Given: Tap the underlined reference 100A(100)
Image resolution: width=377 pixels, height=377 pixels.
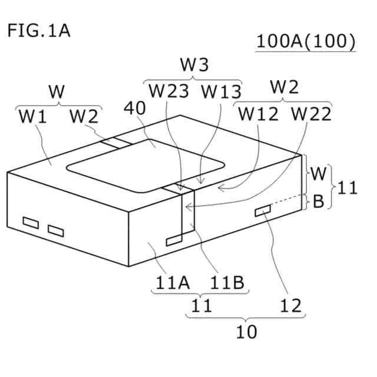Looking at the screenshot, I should (306, 42).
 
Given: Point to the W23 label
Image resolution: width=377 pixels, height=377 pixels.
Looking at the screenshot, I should (169, 91).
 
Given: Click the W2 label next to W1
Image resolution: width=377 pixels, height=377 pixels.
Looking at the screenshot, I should (84, 117).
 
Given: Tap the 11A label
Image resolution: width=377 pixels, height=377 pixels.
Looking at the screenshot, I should (171, 283).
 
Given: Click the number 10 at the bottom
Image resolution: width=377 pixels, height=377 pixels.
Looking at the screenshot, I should (247, 332).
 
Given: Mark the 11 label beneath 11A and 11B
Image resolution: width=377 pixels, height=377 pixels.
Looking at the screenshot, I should (200, 306).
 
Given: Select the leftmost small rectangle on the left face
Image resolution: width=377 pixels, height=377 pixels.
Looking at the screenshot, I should (30, 223).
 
